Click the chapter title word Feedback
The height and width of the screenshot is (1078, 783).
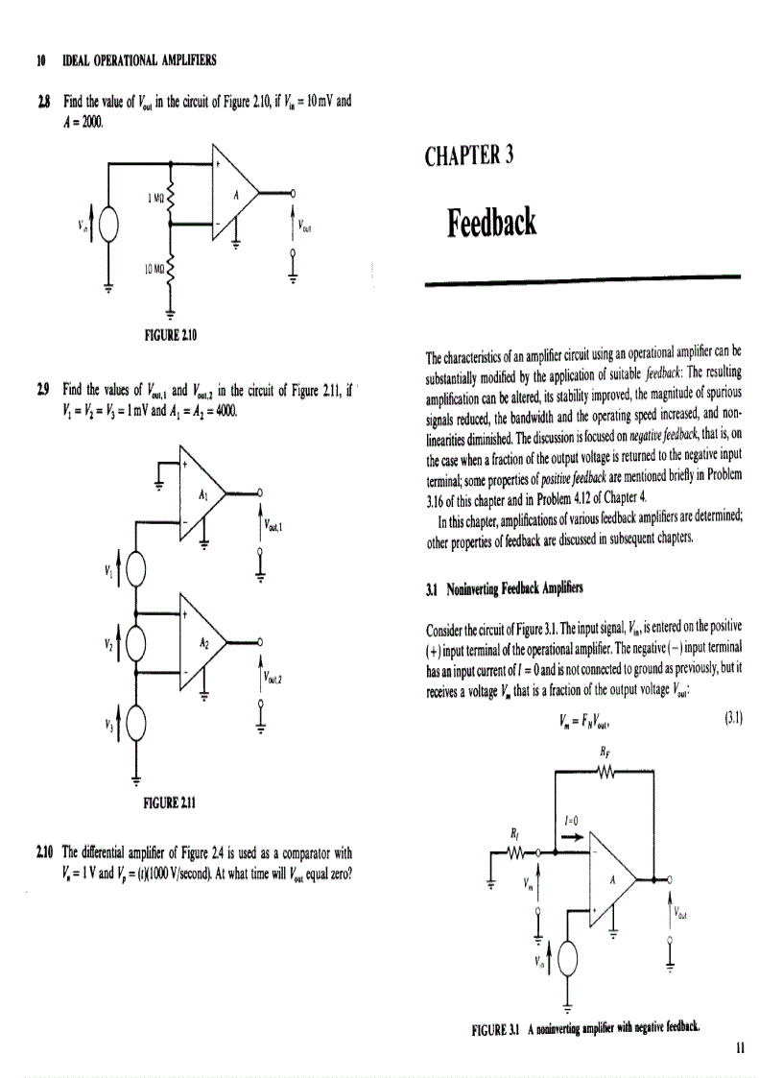coord(490,224)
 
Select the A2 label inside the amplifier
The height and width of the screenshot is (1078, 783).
coord(202,645)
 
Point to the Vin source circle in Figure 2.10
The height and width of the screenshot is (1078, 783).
coord(109,228)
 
